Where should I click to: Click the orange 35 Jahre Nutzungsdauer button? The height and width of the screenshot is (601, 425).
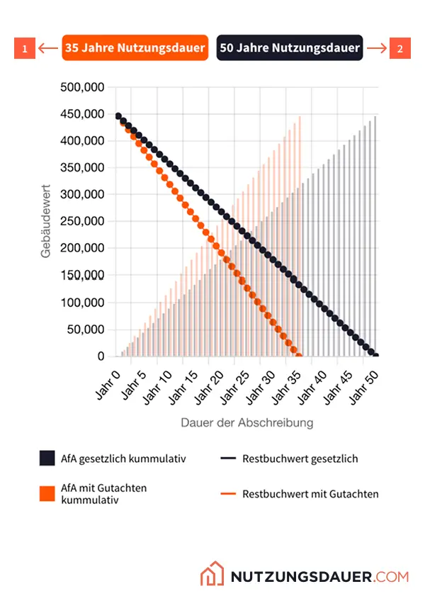(x=135, y=48)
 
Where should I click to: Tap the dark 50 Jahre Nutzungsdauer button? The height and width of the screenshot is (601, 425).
(x=290, y=48)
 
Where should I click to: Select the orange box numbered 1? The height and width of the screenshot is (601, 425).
(x=25, y=49)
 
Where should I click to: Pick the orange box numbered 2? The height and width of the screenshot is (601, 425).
(x=400, y=49)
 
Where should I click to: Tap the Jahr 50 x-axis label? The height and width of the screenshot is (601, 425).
(x=364, y=383)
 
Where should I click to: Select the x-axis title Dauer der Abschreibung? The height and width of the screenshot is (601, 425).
(x=246, y=422)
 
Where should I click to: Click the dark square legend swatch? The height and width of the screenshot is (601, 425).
(x=47, y=459)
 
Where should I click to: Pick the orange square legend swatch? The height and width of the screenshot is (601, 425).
(x=47, y=493)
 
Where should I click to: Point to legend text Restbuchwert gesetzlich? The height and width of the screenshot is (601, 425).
(x=300, y=459)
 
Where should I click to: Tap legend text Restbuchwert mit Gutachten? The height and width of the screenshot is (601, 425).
(x=310, y=493)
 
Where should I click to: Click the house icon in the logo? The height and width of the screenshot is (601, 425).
(x=212, y=575)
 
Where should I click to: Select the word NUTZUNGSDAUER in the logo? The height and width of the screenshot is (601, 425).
(x=301, y=576)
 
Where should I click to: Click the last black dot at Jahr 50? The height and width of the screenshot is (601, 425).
(x=375, y=356)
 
